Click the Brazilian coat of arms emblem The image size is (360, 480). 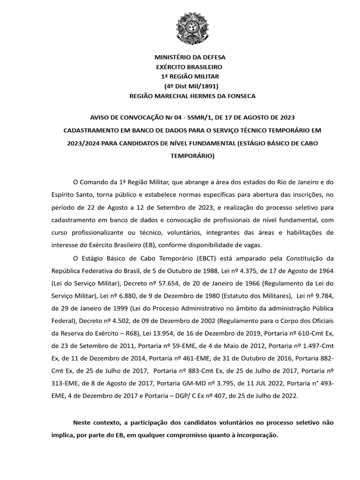coord(193,29)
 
